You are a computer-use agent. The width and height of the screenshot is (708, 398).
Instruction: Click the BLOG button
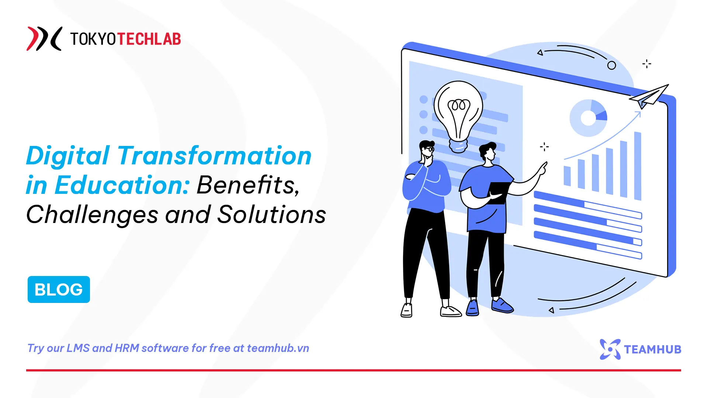(59, 289)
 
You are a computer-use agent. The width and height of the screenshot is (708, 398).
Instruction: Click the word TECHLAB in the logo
(149, 39)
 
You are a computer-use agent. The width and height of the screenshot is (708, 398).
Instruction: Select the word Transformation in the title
(214, 156)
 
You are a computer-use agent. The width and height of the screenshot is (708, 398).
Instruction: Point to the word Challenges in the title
(92, 215)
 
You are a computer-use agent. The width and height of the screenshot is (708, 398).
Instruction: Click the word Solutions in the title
(271, 214)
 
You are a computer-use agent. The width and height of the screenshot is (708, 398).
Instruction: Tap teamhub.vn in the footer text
(278, 348)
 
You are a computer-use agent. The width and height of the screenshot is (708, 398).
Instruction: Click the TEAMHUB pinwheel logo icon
(610, 349)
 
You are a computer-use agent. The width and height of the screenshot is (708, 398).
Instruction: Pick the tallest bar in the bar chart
(638, 166)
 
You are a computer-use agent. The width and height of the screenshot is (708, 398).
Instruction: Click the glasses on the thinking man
(429, 149)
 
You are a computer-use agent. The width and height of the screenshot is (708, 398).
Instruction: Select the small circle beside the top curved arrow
(611, 66)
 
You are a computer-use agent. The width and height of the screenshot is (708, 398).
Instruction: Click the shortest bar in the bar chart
(567, 176)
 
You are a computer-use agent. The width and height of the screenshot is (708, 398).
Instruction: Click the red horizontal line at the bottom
(353, 370)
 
